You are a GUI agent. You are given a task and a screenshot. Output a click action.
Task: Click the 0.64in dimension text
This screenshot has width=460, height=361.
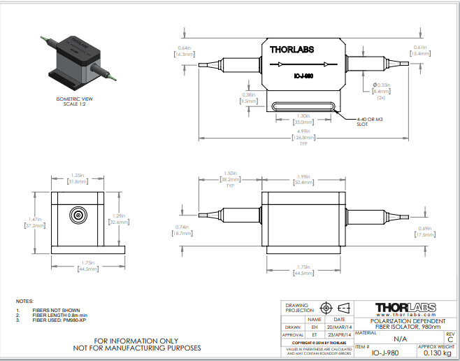click(x=185, y=48)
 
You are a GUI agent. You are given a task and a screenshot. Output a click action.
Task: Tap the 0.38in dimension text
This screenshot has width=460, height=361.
click(x=248, y=95)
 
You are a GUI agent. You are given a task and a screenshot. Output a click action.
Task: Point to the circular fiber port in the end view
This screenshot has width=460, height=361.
click(x=78, y=214)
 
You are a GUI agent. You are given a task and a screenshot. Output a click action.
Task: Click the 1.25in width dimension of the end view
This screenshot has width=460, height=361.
click(x=78, y=176)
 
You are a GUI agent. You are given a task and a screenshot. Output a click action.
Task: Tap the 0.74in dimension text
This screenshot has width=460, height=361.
click(x=183, y=227)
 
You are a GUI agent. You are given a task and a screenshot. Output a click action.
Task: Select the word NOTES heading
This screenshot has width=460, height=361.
click(x=24, y=300)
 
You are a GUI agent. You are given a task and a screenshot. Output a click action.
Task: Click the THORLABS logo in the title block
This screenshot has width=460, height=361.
click(x=405, y=308)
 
